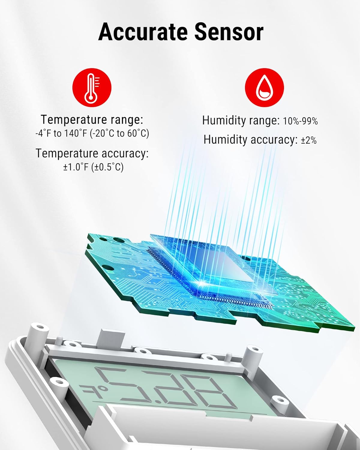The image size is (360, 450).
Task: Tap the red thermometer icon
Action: tap(92, 88)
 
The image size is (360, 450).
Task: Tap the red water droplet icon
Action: tap(264, 88)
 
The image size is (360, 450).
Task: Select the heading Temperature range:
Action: tap(92, 120)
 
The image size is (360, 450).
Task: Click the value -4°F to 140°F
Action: tap(61, 133)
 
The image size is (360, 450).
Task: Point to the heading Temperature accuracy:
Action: tap(92, 153)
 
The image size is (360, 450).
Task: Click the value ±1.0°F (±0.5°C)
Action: tap(93, 167)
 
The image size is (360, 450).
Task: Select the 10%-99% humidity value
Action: tap(300, 121)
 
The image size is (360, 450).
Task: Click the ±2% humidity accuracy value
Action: tap(309, 140)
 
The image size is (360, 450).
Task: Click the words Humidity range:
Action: tap(241, 121)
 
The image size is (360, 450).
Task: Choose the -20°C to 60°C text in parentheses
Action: tap(120, 133)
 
